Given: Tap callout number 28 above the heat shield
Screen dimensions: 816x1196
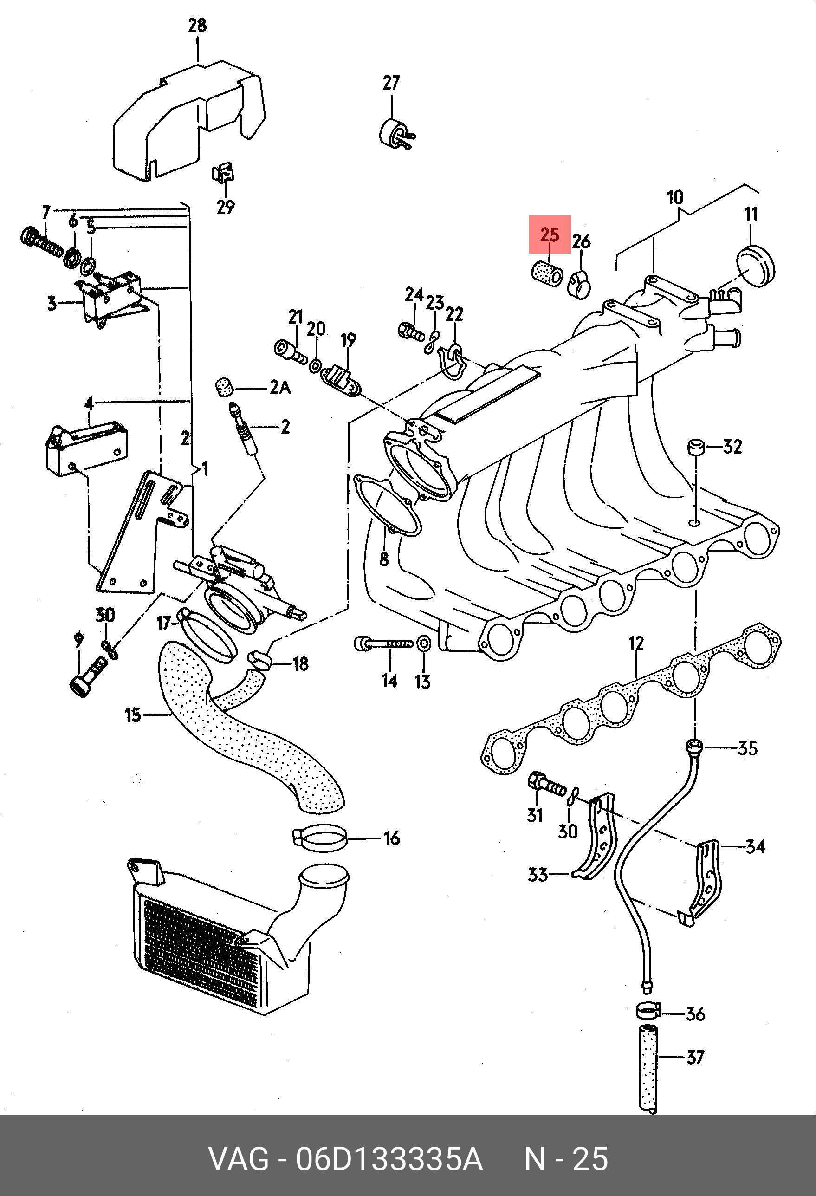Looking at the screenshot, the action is pos(198,25).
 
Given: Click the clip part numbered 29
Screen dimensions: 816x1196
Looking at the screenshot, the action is pos(223,174).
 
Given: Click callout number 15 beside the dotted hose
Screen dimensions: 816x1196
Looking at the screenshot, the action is pos(133,715).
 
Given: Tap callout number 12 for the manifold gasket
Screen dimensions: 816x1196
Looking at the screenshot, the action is pos(636,643).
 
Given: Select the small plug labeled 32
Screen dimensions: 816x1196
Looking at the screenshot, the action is pos(696,447).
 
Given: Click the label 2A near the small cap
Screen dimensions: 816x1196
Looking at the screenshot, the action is pos(280,387).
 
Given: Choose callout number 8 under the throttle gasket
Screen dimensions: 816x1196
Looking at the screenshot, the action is pos(384,559).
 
